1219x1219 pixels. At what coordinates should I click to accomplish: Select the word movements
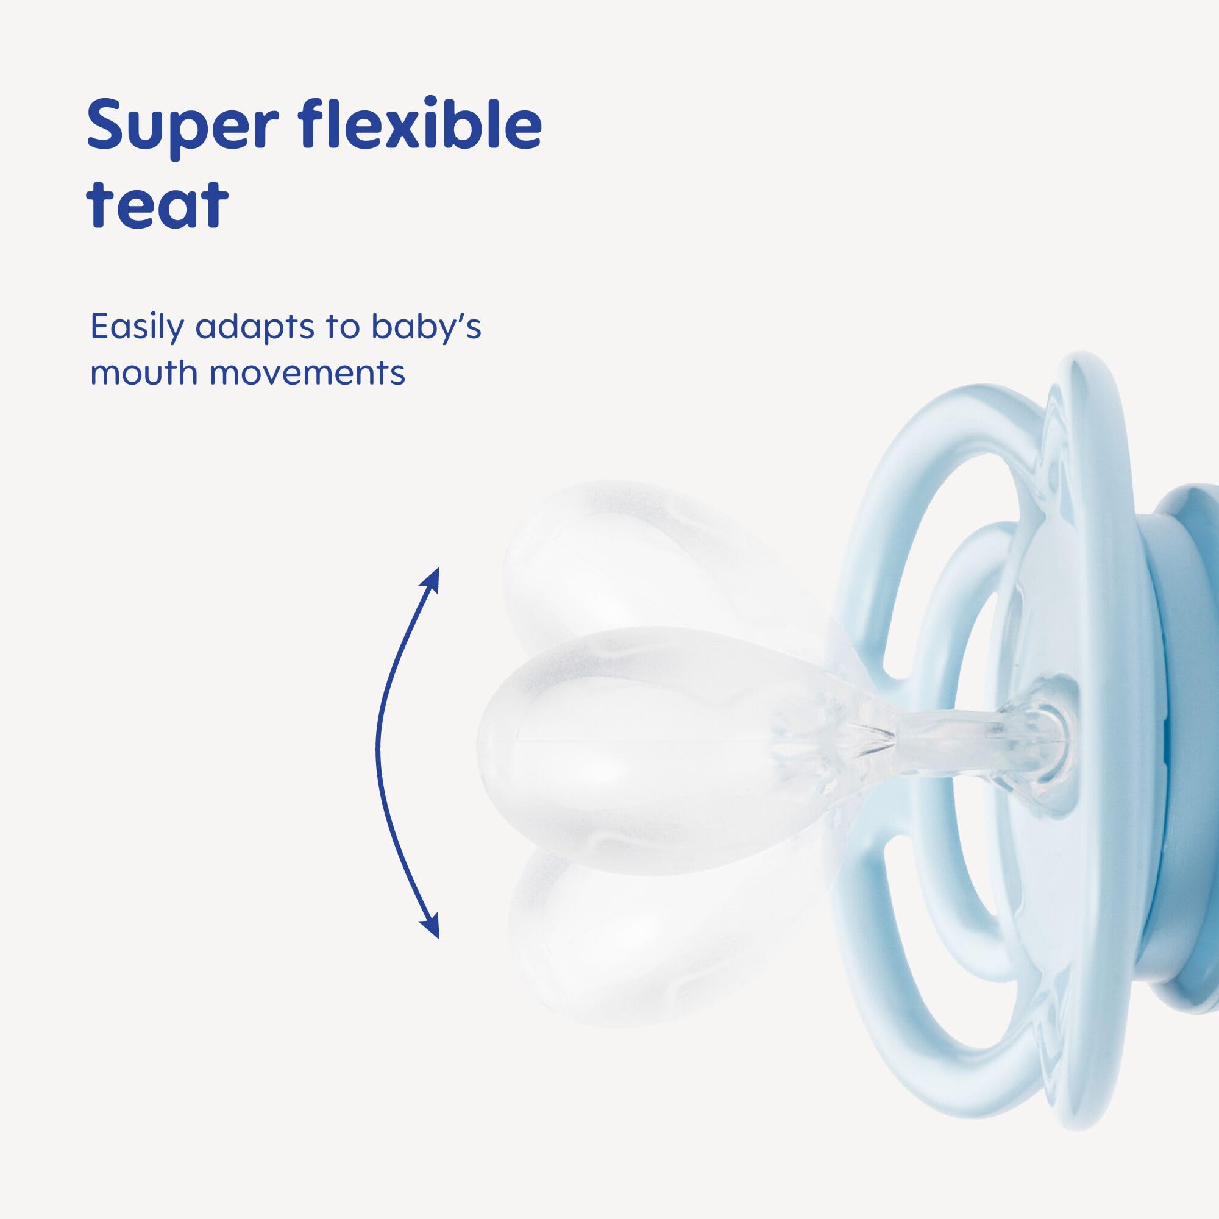(307, 374)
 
